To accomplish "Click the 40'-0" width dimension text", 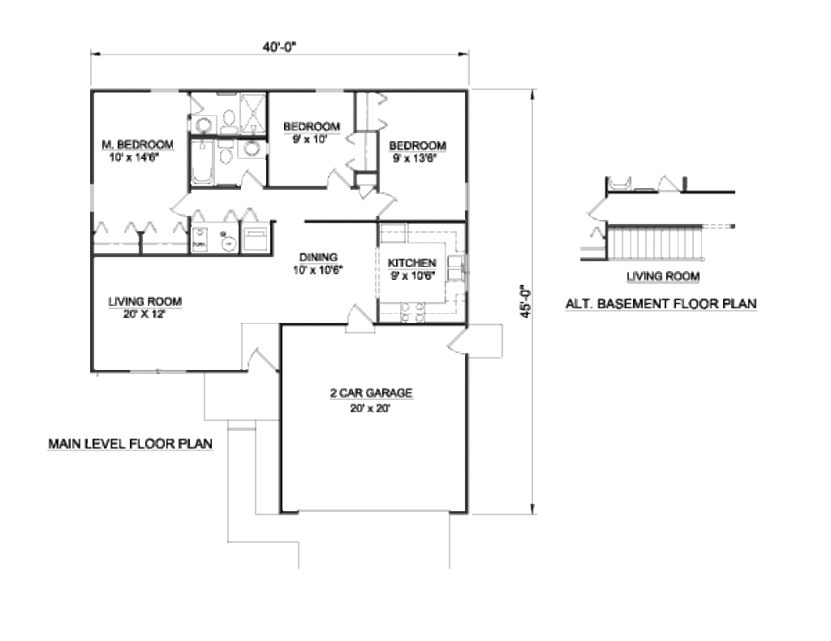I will point(280,46).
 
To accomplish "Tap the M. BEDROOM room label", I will point(137,144).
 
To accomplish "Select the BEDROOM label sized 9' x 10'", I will point(311,127).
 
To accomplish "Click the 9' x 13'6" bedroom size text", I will point(415,159).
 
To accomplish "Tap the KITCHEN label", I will point(412,264).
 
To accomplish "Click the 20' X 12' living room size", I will point(144,315).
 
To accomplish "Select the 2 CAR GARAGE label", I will point(372,393).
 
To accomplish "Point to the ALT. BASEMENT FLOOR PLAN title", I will point(661,304).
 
